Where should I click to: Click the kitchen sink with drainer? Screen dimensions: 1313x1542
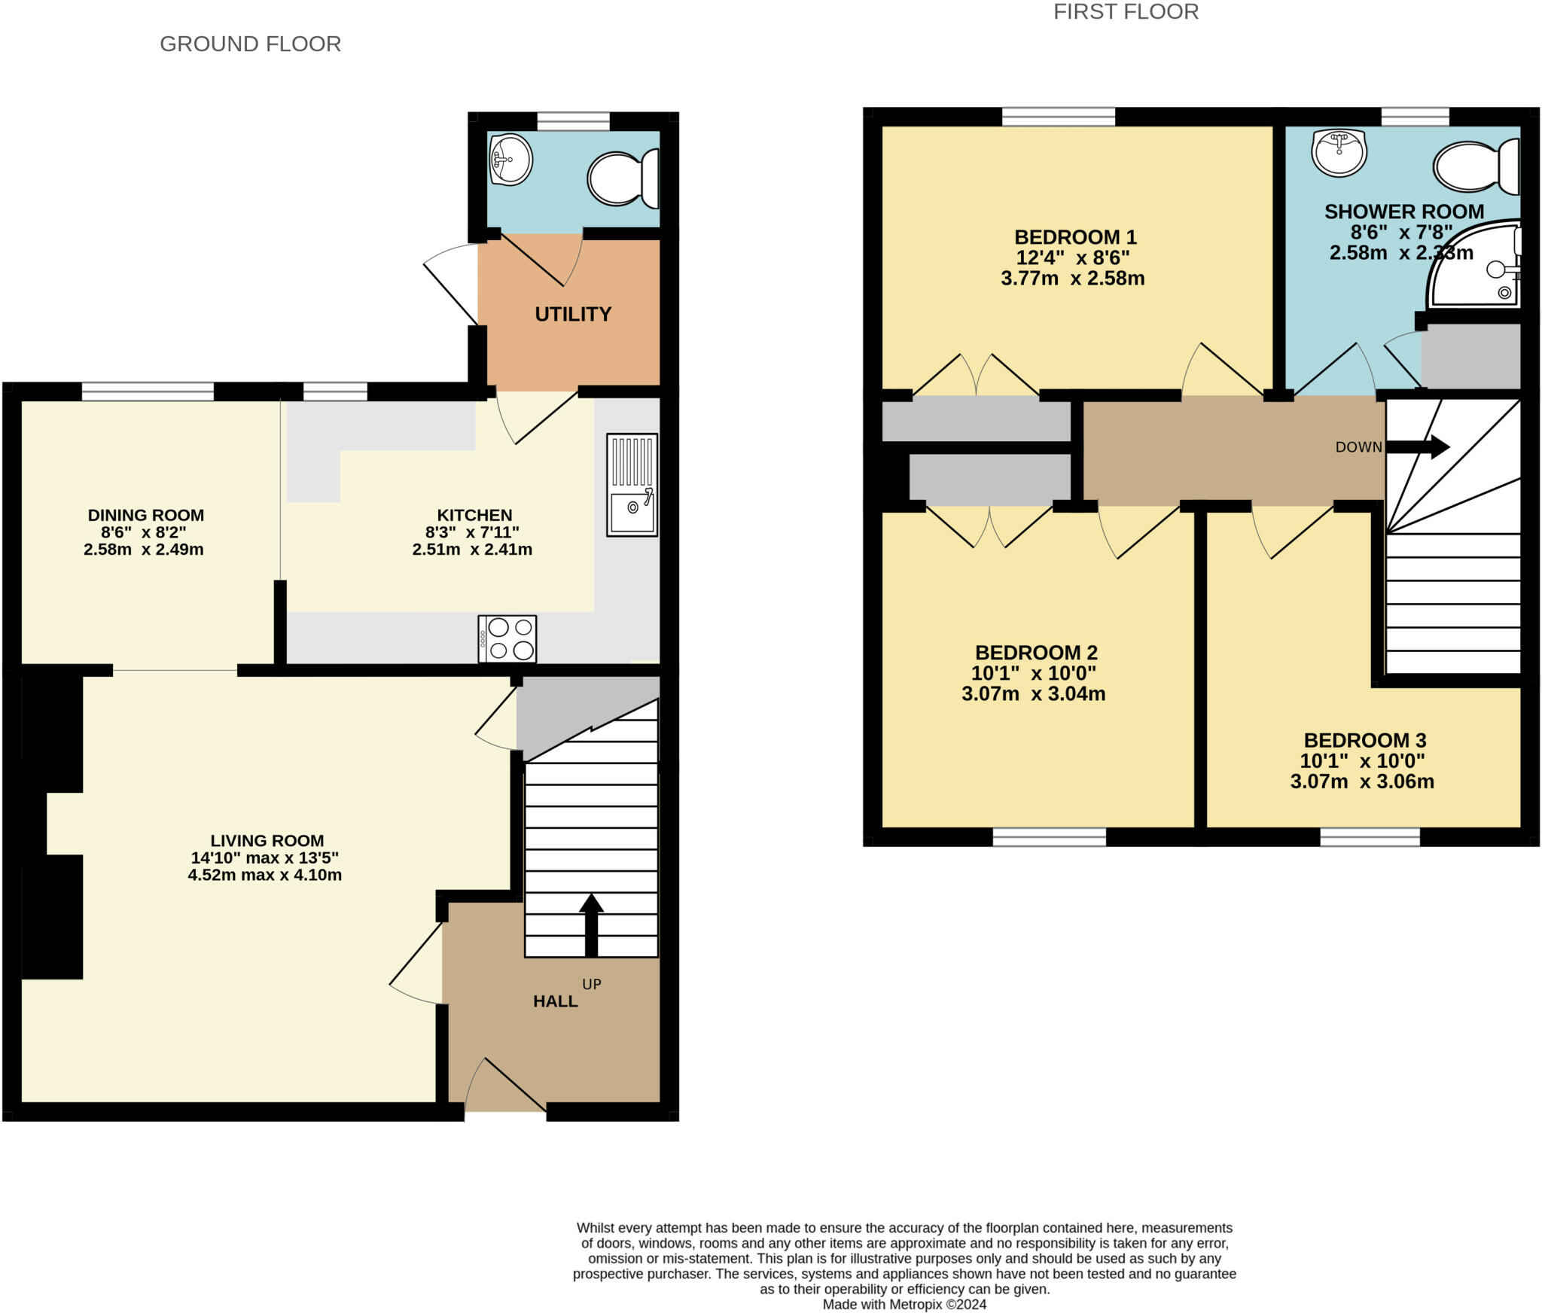point(632,485)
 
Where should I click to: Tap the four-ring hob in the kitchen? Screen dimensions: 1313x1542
point(507,639)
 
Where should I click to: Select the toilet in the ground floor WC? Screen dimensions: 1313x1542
point(622,178)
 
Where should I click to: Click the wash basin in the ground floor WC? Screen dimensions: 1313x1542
point(510,160)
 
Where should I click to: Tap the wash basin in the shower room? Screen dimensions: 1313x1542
point(1339,151)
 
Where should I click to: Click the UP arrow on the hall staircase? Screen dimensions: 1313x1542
point(591,924)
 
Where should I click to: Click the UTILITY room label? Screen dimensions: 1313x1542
point(573,314)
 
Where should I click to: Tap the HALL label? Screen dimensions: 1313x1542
point(556,1001)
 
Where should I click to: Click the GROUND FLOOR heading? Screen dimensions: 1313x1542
point(250,44)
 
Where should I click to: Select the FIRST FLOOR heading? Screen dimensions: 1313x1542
point(1126,12)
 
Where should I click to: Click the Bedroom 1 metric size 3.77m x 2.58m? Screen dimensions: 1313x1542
point(1072,279)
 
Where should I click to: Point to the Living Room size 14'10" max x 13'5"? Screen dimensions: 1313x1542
point(264,858)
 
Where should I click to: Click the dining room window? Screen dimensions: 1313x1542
point(148,391)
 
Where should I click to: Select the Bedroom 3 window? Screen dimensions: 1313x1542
point(1370,837)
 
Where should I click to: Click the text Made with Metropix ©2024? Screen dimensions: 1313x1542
point(904,1305)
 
